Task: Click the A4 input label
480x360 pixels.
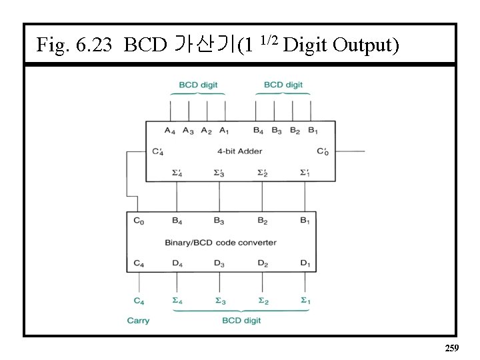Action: point(170,131)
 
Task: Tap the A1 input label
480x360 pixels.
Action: point(225,131)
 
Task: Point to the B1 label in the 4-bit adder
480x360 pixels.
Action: point(312,131)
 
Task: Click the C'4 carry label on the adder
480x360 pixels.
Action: point(158,151)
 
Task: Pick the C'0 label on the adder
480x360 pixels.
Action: point(323,151)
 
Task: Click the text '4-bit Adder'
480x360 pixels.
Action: point(239,151)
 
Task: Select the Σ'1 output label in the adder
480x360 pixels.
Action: point(305,173)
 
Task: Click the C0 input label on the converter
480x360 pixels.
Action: point(138,220)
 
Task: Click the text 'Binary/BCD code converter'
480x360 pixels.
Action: point(221,242)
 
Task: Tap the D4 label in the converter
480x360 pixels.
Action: point(177,263)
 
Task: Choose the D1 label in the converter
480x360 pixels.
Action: point(305,263)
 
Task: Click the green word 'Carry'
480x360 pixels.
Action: point(138,321)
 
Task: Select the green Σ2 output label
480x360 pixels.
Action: point(263,301)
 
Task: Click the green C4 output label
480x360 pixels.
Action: point(138,301)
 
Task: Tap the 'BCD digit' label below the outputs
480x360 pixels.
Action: point(241,321)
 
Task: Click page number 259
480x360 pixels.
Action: point(451,348)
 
